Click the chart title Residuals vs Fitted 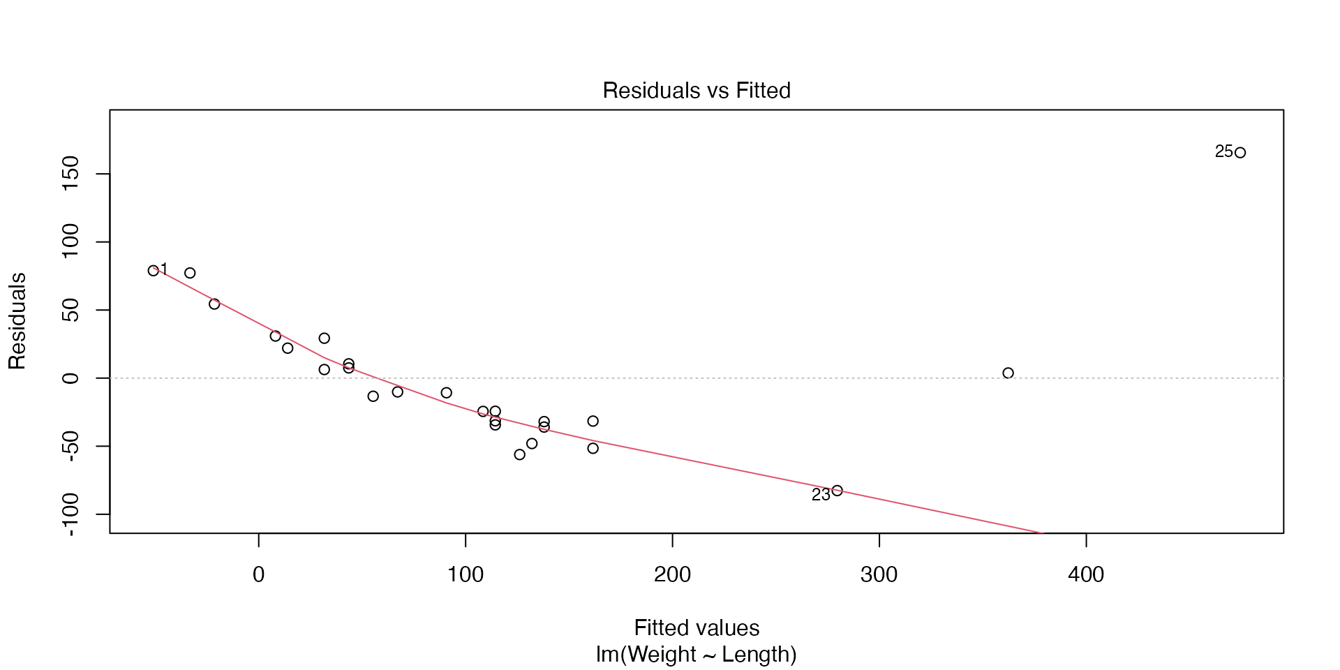click(x=697, y=91)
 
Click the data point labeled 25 click(x=1240, y=153)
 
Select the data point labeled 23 click(x=837, y=491)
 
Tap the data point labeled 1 click(x=154, y=271)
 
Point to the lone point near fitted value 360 click(x=1008, y=373)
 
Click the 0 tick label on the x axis click(x=259, y=575)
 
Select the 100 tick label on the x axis click(x=466, y=575)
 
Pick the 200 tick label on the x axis click(x=672, y=575)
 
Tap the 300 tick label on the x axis click(x=879, y=575)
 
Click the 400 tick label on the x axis click(x=1086, y=575)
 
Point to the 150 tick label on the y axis click(x=70, y=174)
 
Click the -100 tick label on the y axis click(x=70, y=514)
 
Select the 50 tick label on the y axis click(x=70, y=310)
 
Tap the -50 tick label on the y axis click(x=70, y=446)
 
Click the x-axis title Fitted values click(x=697, y=628)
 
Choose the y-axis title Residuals click(x=17, y=321)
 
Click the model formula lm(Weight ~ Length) click(x=697, y=655)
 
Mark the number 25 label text click(x=1223, y=151)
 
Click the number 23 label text click(x=821, y=495)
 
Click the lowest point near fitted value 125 click(x=520, y=455)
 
